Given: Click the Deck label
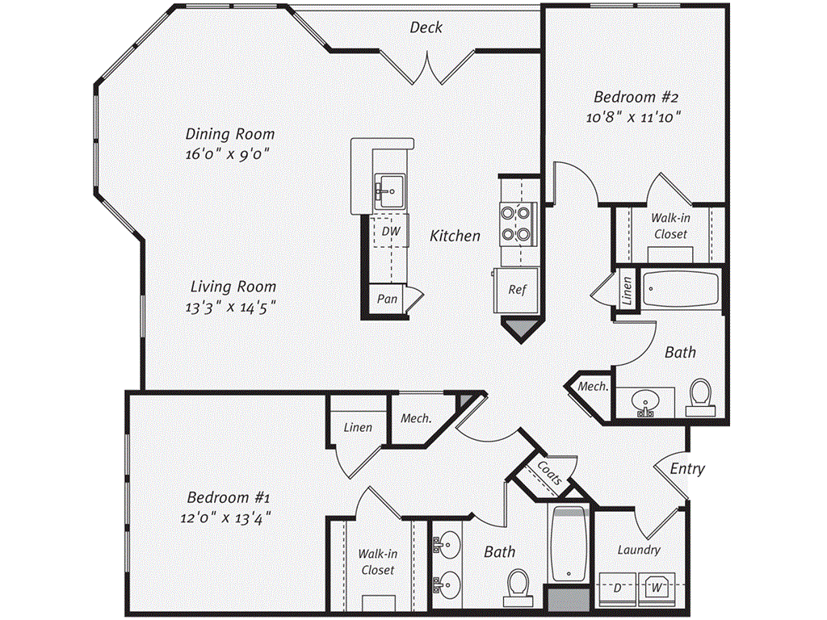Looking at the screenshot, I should pyautogui.click(x=426, y=27).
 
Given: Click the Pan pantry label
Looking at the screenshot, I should pyautogui.click(x=388, y=299).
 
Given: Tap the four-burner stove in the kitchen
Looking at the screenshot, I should pyautogui.click(x=517, y=224).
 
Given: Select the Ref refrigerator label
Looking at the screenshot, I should pyautogui.click(x=517, y=289).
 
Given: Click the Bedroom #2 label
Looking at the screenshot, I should pyautogui.click(x=637, y=97).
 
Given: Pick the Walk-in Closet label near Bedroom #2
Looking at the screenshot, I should pyautogui.click(x=670, y=225).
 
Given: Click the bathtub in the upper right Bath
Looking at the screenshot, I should pyautogui.click(x=681, y=288).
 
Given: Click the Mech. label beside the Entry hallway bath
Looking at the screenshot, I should pyautogui.click(x=593, y=387).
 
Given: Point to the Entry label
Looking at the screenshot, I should pyautogui.click(x=687, y=468).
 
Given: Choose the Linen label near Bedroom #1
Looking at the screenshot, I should pyautogui.click(x=358, y=426).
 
